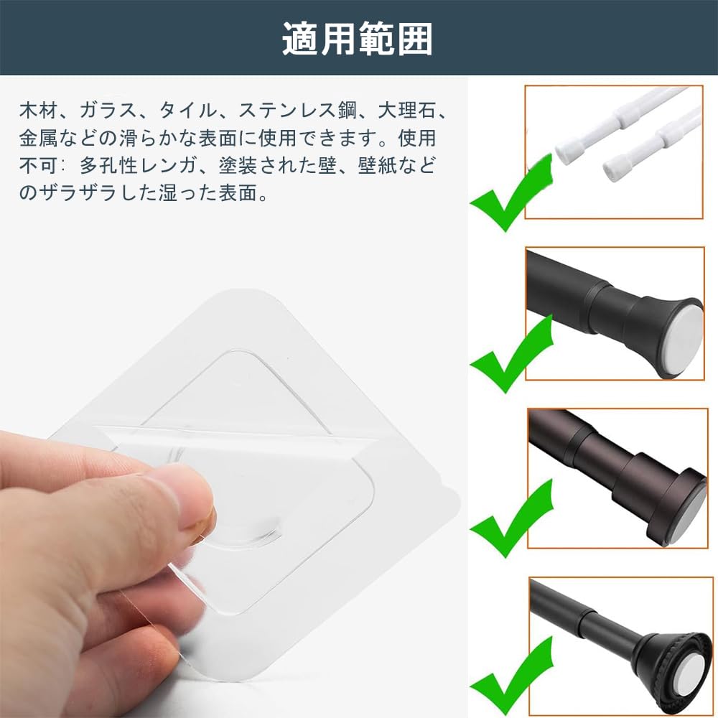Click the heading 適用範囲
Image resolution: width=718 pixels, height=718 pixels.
(357, 39)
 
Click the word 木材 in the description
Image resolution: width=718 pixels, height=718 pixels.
(38, 111)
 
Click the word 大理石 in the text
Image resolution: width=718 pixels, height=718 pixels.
(405, 111)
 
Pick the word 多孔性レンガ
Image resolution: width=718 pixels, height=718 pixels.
(138, 165)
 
